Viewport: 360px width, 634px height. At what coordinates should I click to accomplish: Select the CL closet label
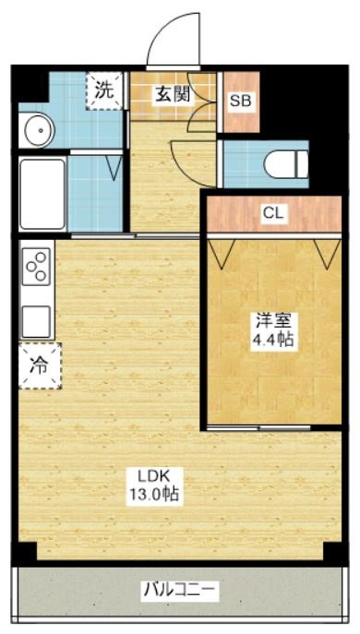tap(273, 213)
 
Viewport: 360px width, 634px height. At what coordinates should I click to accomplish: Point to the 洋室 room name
tap(273, 321)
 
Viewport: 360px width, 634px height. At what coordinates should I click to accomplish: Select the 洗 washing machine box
tap(105, 90)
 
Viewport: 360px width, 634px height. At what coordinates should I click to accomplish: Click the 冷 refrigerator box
tap(40, 365)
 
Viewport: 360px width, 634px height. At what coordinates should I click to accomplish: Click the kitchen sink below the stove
tap(37, 320)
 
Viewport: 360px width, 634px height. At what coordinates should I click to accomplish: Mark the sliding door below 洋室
tap(259, 426)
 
